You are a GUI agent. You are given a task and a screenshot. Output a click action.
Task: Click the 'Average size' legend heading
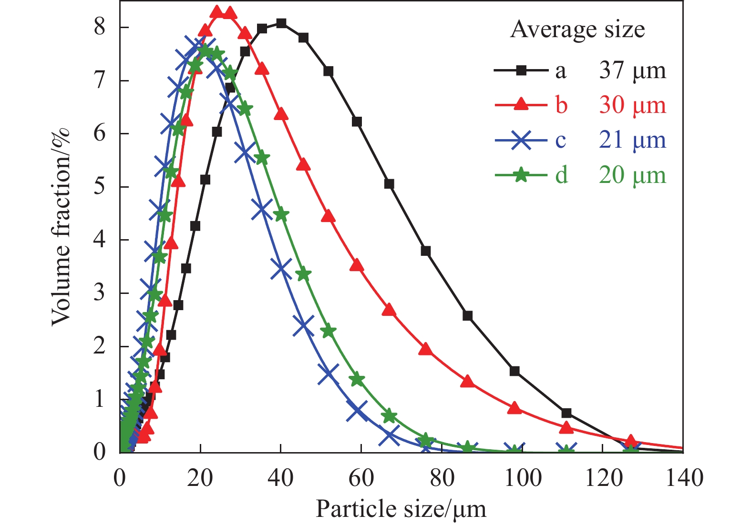(577, 30)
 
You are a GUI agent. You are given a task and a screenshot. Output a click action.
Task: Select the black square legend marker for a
(521, 71)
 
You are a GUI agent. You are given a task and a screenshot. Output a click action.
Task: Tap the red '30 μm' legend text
(632, 105)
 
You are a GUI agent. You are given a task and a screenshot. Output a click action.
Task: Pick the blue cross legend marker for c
(521, 140)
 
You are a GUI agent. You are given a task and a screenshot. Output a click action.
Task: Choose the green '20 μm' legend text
(632, 175)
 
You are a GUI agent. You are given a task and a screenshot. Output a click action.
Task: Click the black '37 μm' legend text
(632, 71)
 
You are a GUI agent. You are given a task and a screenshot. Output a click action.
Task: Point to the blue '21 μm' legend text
(632, 140)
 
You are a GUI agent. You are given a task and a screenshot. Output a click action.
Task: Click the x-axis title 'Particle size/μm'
(401, 509)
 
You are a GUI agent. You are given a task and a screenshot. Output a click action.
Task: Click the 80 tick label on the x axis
(442, 477)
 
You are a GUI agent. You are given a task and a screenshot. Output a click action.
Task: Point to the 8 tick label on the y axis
(99, 27)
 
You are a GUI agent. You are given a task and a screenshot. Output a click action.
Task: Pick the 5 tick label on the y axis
(99, 186)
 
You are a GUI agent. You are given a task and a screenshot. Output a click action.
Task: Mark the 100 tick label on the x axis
(523, 477)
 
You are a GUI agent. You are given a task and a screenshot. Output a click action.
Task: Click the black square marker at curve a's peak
(281, 23)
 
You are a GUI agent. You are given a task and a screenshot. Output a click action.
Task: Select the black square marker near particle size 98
(514, 371)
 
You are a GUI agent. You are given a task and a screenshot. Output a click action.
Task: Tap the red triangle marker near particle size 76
(426, 349)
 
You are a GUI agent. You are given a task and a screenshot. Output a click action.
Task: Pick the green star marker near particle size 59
(357, 380)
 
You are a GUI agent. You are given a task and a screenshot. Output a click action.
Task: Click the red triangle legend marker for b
(521, 105)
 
